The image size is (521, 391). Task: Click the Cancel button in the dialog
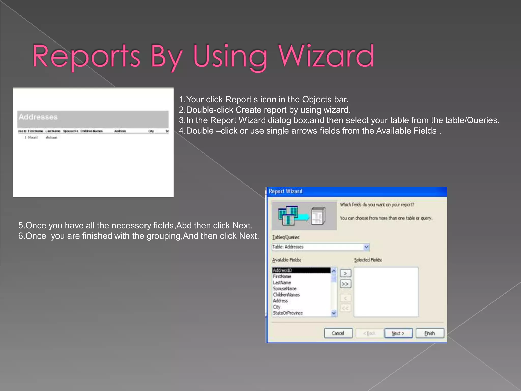coord(338,333)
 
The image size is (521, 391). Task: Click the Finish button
coord(430,333)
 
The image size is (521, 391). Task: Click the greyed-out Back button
coord(369,333)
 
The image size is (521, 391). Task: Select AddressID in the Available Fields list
coord(283,270)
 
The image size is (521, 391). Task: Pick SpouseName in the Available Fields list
coord(285,289)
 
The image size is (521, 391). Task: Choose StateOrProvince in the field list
coord(288,313)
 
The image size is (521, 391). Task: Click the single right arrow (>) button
coord(345,273)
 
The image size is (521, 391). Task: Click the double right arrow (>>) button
coord(345,284)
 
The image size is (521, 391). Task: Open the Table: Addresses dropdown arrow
coord(366,247)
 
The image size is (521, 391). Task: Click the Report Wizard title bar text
coord(286,191)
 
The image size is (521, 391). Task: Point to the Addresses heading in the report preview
coord(38,117)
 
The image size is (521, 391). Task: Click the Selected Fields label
coord(368,260)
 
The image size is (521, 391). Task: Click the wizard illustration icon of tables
coord(288,216)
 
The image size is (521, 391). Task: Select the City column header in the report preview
coord(151,131)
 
